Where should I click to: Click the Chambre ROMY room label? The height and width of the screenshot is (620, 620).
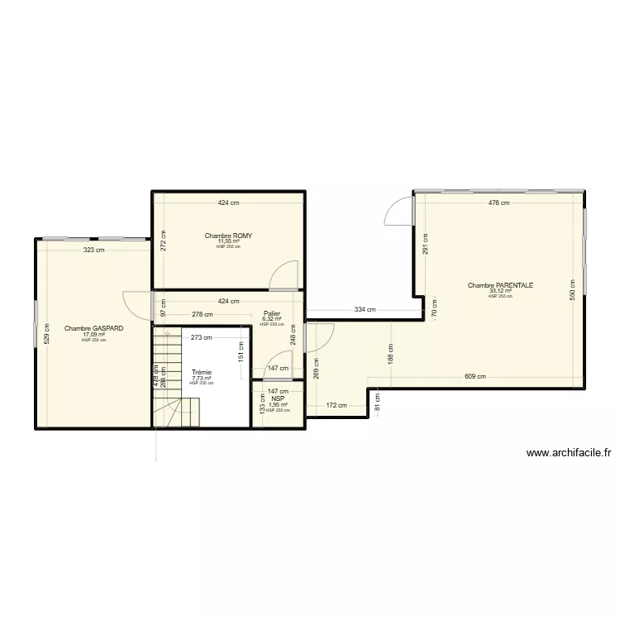pyautogui.click(x=228, y=236)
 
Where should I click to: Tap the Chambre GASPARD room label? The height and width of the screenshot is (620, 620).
pyautogui.click(x=93, y=328)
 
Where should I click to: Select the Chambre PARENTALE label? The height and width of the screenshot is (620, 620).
pyautogui.click(x=500, y=285)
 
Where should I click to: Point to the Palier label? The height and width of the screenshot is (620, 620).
pyautogui.click(x=271, y=313)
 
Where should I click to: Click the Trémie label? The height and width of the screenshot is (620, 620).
pyautogui.click(x=201, y=372)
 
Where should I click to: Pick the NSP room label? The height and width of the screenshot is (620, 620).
pyautogui.click(x=278, y=398)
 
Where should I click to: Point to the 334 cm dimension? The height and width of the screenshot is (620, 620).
pyautogui.click(x=365, y=310)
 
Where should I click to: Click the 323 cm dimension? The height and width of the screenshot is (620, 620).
pyautogui.click(x=93, y=250)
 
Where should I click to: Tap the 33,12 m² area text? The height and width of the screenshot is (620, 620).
pyautogui.click(x=500, y=291)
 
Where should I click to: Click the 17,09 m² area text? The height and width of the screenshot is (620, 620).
pyautogui.click(x=93, y=334)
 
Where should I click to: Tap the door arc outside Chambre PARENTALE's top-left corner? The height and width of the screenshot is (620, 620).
pyautogui.click(x=399, y=212)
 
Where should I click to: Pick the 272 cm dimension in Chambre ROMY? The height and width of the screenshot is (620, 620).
pyautogui.click(x=164, y=240)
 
